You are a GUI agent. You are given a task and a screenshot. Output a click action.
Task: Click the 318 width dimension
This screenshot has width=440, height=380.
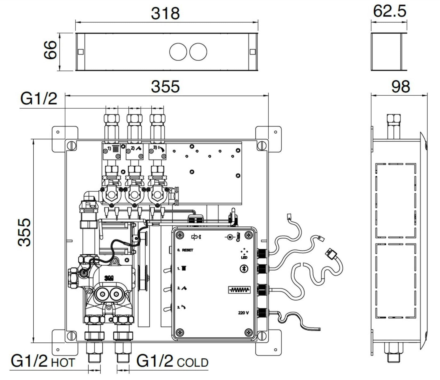(165, 13)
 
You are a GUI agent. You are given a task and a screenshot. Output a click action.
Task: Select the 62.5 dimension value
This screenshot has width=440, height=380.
(389, 11)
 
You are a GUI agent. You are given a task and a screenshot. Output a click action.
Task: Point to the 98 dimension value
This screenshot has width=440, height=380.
(400, 87)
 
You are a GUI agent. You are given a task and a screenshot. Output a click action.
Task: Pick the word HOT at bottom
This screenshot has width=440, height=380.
(63, 363)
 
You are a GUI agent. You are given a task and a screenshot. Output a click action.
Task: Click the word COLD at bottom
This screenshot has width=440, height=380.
(193, 363)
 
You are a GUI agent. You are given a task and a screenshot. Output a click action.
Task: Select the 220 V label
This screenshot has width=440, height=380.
(243, 313)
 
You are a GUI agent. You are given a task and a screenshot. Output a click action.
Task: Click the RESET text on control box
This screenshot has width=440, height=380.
(188, 250)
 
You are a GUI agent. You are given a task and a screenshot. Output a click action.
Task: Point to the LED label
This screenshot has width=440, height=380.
(244, 257)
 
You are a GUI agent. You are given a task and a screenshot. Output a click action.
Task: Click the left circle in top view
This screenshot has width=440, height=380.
(178, 52)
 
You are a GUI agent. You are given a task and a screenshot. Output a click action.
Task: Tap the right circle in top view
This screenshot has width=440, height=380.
(198, 52)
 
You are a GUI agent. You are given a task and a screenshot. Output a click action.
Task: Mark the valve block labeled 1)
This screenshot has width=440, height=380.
(111, 152)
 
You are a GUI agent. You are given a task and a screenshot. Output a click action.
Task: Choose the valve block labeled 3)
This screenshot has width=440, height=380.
(157, 152)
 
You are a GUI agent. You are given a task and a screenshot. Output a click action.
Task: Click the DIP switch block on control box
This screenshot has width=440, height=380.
(239, 290)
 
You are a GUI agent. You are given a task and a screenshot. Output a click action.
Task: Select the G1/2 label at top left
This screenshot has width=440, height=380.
(39, 99)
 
